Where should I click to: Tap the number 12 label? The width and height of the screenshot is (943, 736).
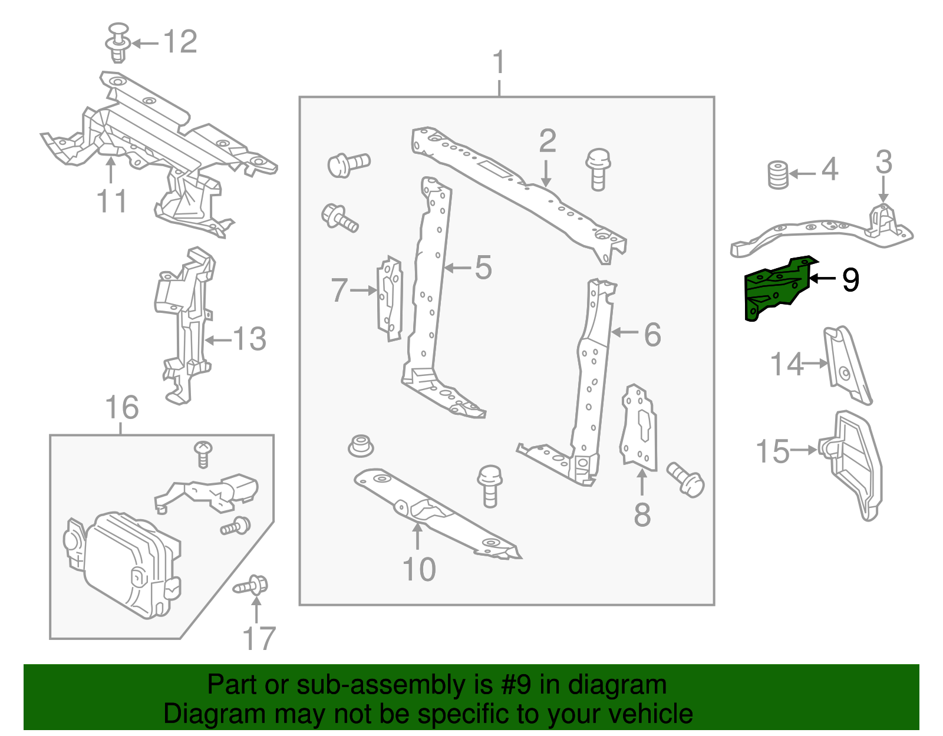point(180,42)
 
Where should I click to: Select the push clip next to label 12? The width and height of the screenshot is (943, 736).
point(118,42)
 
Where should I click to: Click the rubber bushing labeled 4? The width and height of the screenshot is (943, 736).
point(779,174)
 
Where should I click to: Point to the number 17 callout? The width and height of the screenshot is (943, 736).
point(259,639)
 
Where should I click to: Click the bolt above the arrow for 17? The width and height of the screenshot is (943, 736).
point(253,586)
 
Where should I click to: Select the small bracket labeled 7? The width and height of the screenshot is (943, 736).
point(390,298)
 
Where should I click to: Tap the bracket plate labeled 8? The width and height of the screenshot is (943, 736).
point(638,427)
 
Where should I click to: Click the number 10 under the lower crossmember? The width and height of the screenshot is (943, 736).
point(419,570)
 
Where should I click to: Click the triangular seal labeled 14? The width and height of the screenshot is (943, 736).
point(846,365)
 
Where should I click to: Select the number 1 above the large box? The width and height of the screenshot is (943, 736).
point(499,62)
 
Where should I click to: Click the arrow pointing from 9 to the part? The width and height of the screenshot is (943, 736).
point(823,279)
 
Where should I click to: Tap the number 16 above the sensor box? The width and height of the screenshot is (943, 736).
point(121,408)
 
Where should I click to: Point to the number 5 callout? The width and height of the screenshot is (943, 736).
point(483,268)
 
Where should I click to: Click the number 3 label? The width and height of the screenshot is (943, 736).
point(883,162)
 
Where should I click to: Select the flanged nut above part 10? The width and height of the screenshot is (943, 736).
point(360,446)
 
